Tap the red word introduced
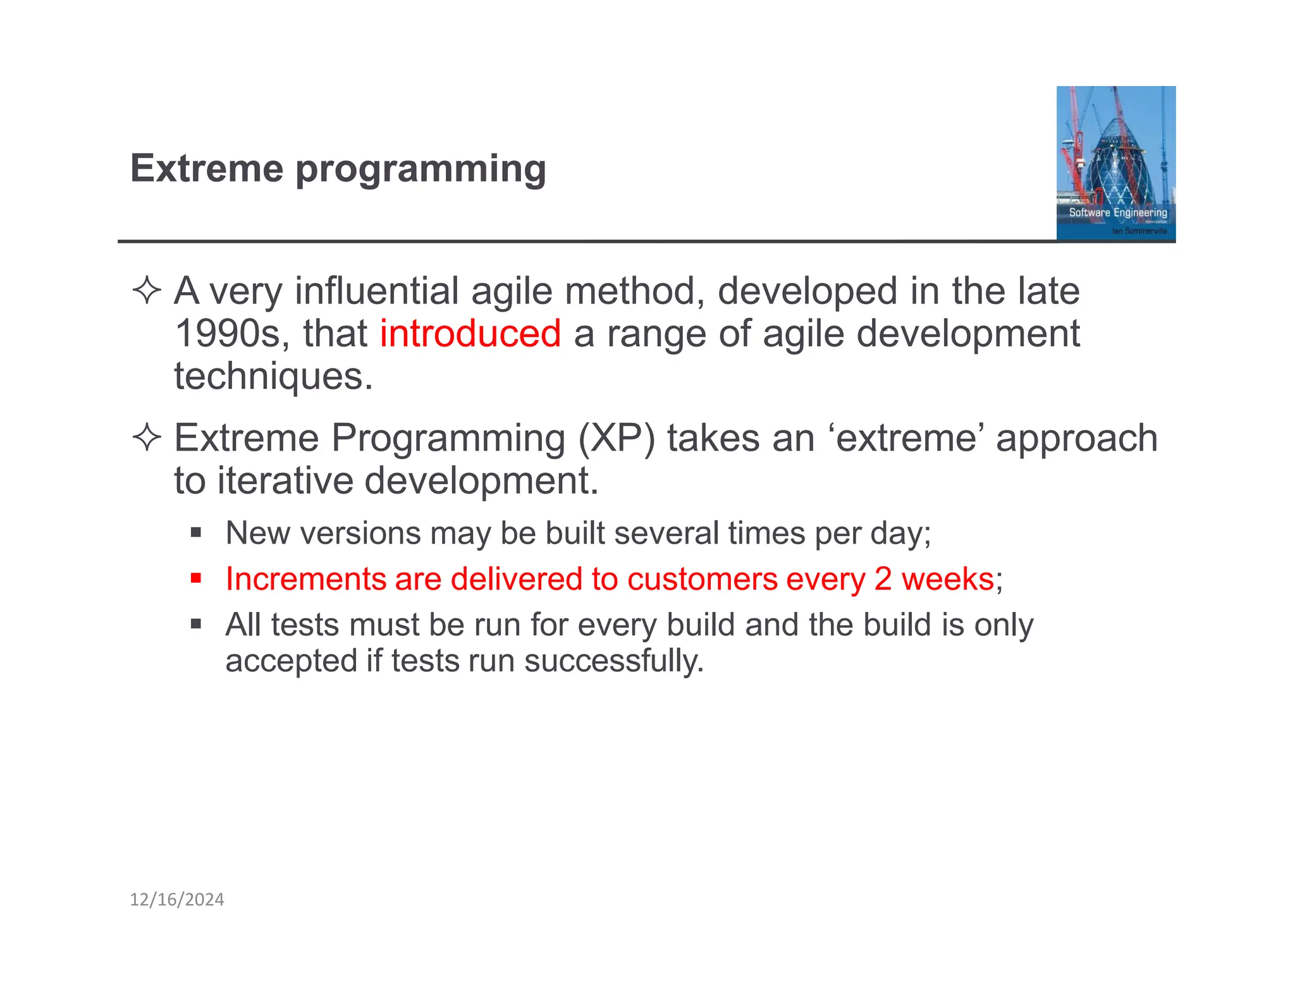click(470, 334)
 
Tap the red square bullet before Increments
click(196, 578)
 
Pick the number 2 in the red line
click(883, 579)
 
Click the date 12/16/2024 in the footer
click(177, 899)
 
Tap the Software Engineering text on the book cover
click(1117, 212)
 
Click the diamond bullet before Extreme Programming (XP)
click(147, 437)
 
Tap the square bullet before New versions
click(196, 532)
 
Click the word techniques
click(274, 377)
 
